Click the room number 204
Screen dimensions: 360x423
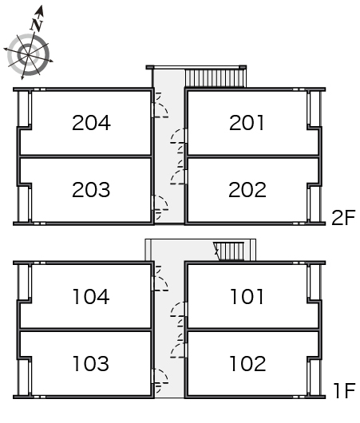click(91, 123)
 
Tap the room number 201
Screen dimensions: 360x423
click(247, 123)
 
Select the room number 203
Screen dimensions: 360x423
click(91, 189)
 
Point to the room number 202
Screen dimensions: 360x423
click(247, 189)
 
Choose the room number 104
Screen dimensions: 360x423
click(91, 296)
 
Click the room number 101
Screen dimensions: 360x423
click(247, 296)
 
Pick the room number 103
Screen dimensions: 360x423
click(91, 363)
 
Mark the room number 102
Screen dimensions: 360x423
click(247, 363)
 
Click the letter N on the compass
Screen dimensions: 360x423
click(37, 25)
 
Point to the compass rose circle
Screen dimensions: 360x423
click(28, 55)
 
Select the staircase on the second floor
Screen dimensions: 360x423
click(215, 78)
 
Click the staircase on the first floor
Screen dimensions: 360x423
click(229, 251)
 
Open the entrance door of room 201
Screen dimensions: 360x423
click(178, 136)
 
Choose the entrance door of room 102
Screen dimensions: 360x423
click(178, 350)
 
